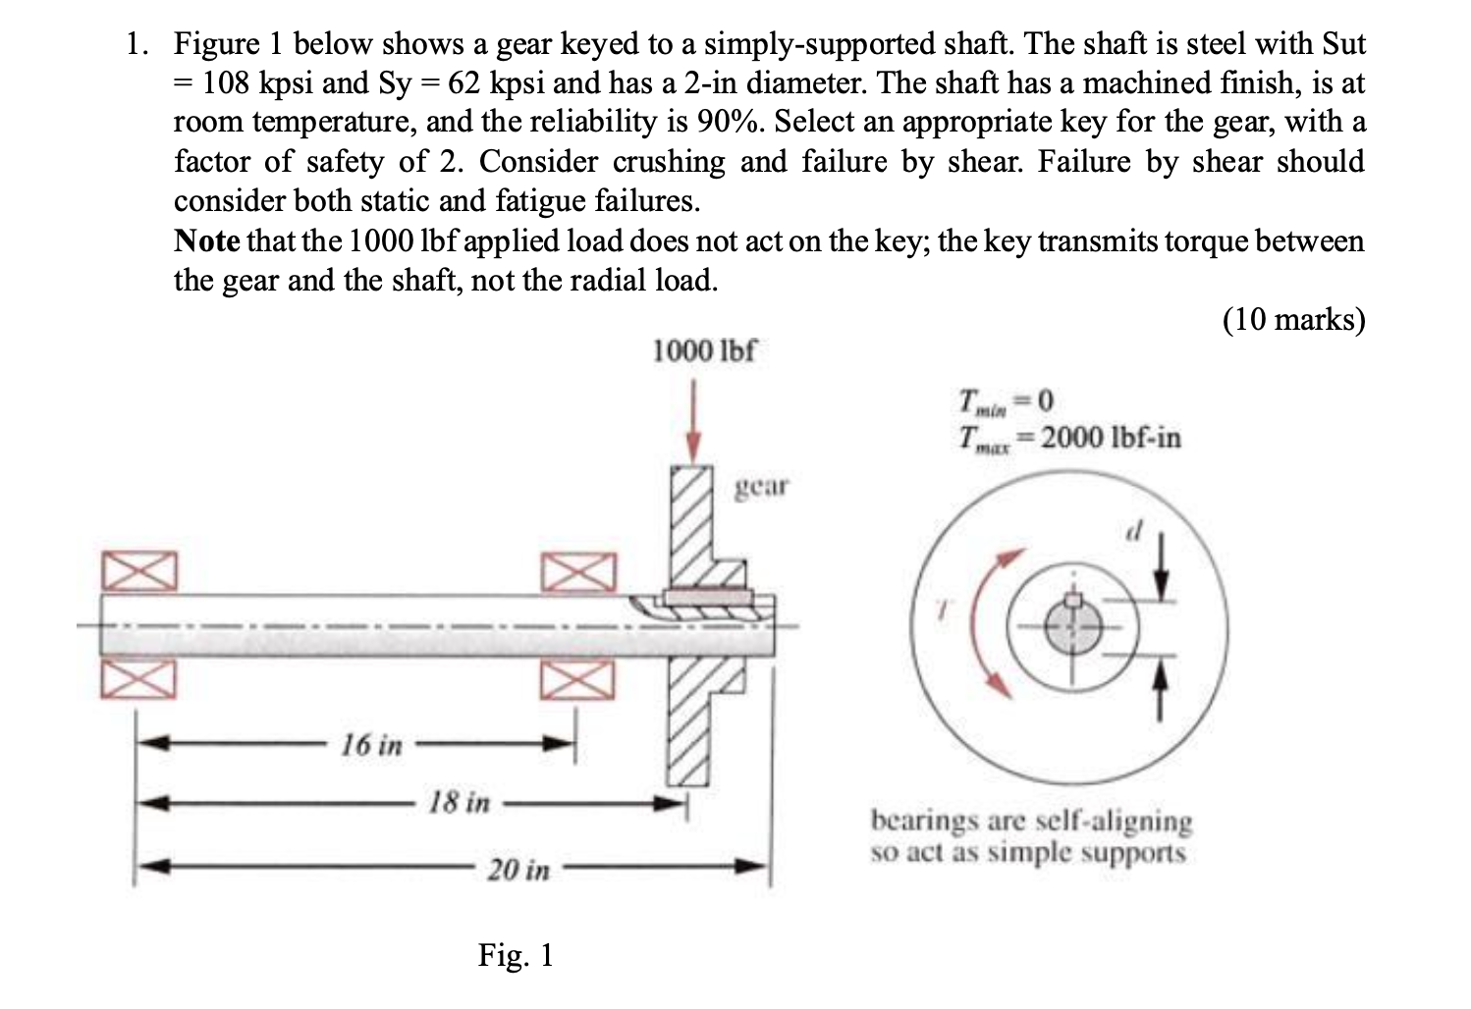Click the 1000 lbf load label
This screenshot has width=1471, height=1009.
click(704, 350)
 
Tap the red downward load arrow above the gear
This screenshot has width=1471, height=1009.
click(694, 422)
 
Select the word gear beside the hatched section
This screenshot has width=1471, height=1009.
click(762, 486)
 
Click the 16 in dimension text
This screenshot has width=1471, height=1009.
click(370, 745)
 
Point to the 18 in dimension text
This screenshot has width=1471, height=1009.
click(458, 803)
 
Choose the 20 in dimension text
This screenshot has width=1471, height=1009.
click(518, 870)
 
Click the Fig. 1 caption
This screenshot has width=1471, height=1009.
click(516, 954)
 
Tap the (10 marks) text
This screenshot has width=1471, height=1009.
click(1292, 319)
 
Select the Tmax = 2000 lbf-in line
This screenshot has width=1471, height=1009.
click(1069, 437)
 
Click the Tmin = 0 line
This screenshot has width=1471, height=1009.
click(1007, 400)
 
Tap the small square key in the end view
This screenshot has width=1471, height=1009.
click(1073, 600)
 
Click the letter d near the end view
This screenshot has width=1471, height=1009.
click(1134, 531)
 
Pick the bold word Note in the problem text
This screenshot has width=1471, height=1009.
click(207, 240)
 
